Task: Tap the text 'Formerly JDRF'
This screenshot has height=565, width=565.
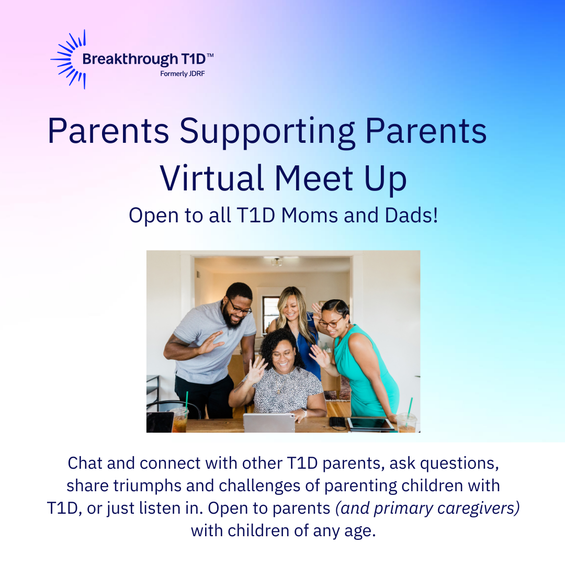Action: click(x=183, y=74)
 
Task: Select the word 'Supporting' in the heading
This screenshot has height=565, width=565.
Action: click(x=267, y=132)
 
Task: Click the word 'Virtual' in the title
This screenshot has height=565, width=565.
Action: click(x=211, y=178)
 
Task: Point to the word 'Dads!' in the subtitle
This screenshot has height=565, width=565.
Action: click(x=411, y=216)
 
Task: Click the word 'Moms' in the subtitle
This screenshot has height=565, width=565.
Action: click(x=310, y=216)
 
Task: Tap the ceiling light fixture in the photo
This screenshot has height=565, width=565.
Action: click(x=277, y=262)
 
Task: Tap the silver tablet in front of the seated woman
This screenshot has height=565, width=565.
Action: click(x=269, y=423)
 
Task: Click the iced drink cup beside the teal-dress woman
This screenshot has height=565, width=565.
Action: click(x=407, y=422)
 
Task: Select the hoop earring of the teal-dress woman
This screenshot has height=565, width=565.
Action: click(x=347, y=326)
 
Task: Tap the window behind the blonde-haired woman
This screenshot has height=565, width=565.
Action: click(x=268, y=313)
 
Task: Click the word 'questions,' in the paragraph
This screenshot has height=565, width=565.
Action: click(x=459, y=464)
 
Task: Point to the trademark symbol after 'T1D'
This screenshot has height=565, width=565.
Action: click(x=210, y=55)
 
